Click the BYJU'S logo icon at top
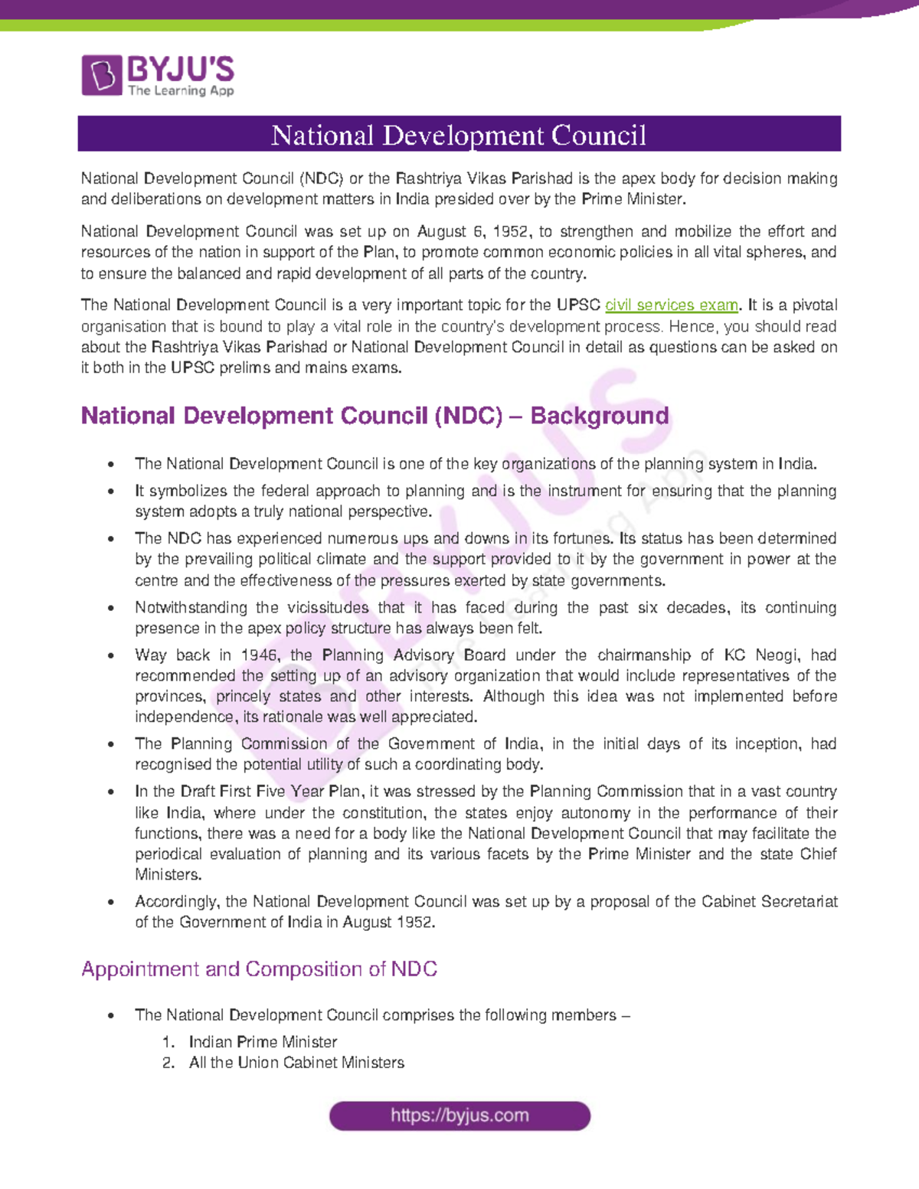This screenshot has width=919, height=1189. (x=102, y=75)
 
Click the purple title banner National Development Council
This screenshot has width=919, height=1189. (x=459, y=135)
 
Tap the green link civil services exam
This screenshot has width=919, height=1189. (x=671, y=305)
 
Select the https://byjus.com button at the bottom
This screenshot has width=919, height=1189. (x=459, y=1116)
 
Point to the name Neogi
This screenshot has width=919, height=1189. (x=777, y=655)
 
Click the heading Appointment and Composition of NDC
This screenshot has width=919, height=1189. (x=259, y=969)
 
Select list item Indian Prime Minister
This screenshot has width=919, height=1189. (x=263, y=1042)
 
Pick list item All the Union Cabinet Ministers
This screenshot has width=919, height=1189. (x=296, y=1063)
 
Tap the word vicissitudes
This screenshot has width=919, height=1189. (x=328, y=608)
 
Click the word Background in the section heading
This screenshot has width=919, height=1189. (x=599, y=416)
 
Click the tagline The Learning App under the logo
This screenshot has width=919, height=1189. (x=181, y=90)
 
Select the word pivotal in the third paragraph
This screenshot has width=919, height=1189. (x=814, y=305)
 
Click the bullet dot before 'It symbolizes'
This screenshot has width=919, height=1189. (x=112, y=492)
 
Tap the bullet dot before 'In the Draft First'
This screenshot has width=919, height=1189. (x=112, y=792)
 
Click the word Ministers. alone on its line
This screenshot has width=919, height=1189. (x=158, y=874)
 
